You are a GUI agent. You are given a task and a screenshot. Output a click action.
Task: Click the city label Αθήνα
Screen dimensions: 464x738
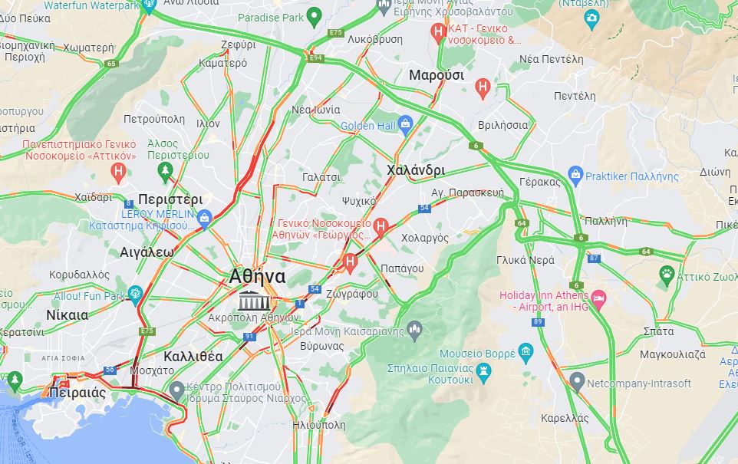(x=258, y=277)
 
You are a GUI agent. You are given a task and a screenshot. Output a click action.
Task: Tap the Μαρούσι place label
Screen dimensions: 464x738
(x=437, y=75)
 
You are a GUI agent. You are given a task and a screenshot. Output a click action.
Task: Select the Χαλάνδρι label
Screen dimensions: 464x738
(x=417, y=169)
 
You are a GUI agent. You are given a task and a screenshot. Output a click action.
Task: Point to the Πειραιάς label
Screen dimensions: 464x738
(x=77, y=393)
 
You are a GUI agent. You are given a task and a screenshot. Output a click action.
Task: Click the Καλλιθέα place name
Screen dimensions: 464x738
(x=193, y=357)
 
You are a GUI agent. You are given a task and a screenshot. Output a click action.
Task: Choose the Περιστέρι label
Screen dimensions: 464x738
(x=170, y=199)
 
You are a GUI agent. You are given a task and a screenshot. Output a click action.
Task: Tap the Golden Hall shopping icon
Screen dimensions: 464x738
(x=407, y=125)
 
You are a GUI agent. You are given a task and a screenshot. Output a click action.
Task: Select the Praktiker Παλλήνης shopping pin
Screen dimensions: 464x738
(x=575, y=176)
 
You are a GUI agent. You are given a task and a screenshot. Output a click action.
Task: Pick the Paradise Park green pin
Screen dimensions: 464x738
(x=313, y=16)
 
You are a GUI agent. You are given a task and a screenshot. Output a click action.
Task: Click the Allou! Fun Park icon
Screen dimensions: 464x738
(x=135, y=292)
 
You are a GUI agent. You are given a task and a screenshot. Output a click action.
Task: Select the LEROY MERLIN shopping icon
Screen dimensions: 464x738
(x=204, y=220)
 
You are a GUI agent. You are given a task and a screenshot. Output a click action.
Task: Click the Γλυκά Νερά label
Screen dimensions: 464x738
(x=525, y=260)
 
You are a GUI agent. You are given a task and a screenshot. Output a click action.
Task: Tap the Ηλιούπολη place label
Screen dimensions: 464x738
(x=319, y=425)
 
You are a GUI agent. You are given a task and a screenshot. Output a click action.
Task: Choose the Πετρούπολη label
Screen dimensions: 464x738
(x=154, y=119)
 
